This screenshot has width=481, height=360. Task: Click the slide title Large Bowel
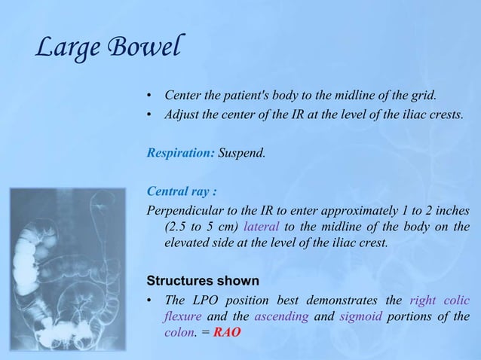(108, 50)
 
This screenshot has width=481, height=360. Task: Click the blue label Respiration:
(180, 153)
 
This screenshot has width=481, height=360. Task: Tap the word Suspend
(242, 153)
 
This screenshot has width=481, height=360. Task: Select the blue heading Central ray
(178, 190)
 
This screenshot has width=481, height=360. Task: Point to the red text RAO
(228, 335)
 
